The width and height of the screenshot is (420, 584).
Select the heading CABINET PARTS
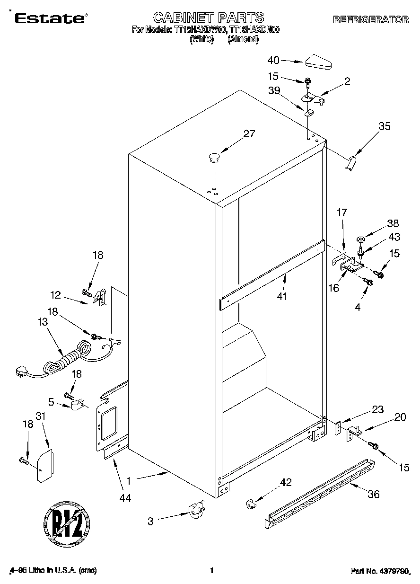[x=208, y=18]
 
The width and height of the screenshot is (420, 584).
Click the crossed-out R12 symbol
[x=67, y=522]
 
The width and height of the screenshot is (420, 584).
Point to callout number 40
[x=273, y=60]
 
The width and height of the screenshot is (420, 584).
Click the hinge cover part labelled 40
[x=320, y=61]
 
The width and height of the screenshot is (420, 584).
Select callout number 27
[x=249, y=134]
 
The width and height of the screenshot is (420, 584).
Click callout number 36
[x=374, y=495]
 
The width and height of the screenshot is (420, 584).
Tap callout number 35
[x=385, y=126]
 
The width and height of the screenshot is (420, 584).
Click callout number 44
[x=125, y=497]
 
